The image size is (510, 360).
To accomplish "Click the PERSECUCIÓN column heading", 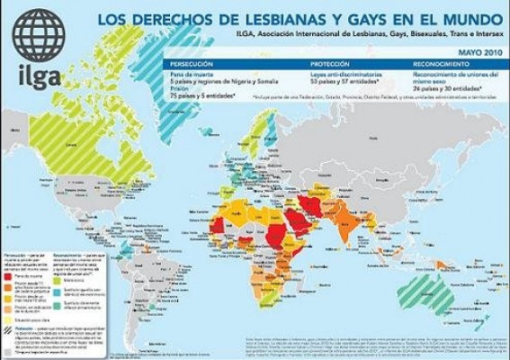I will coord(191,65).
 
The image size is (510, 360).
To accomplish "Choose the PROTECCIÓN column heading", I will coord(328,65).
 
